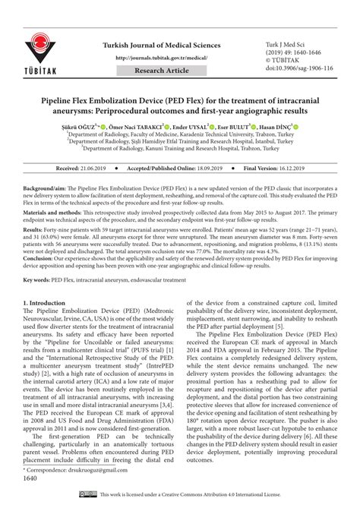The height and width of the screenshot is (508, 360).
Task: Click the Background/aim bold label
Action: [x=46, y=186]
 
